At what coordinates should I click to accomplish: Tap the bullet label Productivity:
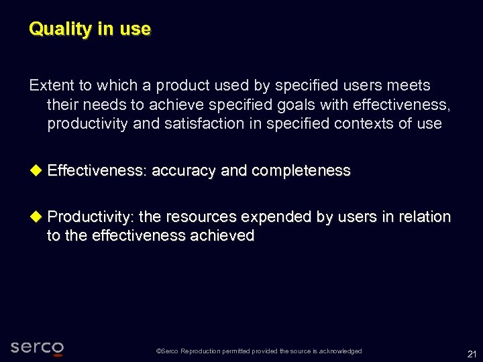91,217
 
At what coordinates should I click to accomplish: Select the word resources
201,217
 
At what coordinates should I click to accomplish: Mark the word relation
423,217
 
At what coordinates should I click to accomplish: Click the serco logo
38,347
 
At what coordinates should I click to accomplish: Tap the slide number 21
472,353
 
